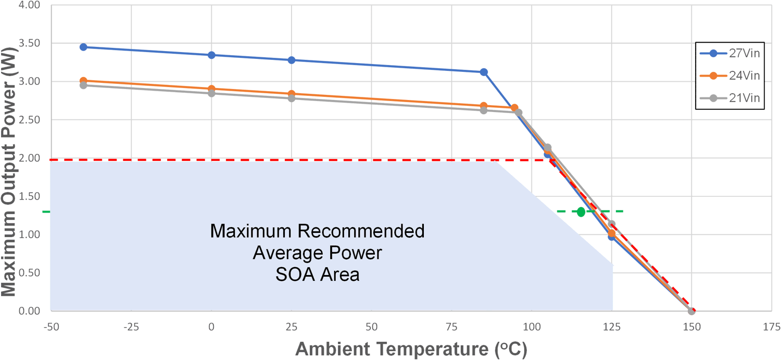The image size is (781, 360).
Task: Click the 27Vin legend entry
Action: pyautogui.click(x=730, y=53)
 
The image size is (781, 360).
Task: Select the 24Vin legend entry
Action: pyautogui.click(x=730, y=76)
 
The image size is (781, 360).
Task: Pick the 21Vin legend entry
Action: pyautogui.click(x=730, y=98)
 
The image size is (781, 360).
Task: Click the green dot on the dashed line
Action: pyautogui.click(x=581, y=212)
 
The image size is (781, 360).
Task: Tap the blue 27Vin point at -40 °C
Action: pyautogui.click(x=83, y=47)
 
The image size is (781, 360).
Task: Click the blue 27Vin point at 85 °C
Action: pyautogui.click(x=484, y=72)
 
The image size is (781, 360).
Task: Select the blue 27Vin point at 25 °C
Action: pyautogui.click(x=292, y=60)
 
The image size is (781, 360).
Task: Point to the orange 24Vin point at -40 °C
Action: pyautogui.click(x=83, y=81)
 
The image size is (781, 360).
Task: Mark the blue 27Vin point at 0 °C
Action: pyautogui.click(x=211, y=55)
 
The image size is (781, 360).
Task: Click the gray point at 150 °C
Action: pyautogui.click(x=691, y=311)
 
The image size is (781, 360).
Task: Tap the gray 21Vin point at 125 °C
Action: pyautogui.click(x=612, y=225)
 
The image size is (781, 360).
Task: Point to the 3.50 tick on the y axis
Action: pyautogui.click(x=29, y=43)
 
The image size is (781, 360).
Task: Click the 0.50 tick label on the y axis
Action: pyautogui.click(x=29, y=273)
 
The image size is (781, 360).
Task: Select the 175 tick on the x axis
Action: pyautogui.click(x=771, y=327)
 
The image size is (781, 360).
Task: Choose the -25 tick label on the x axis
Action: pyautogui.click(x=131, y=327)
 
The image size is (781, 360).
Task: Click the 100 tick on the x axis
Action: pyautogui.click(x=531, y=327)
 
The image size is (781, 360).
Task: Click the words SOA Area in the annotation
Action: pyautogui.click(x=317, y=275)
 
